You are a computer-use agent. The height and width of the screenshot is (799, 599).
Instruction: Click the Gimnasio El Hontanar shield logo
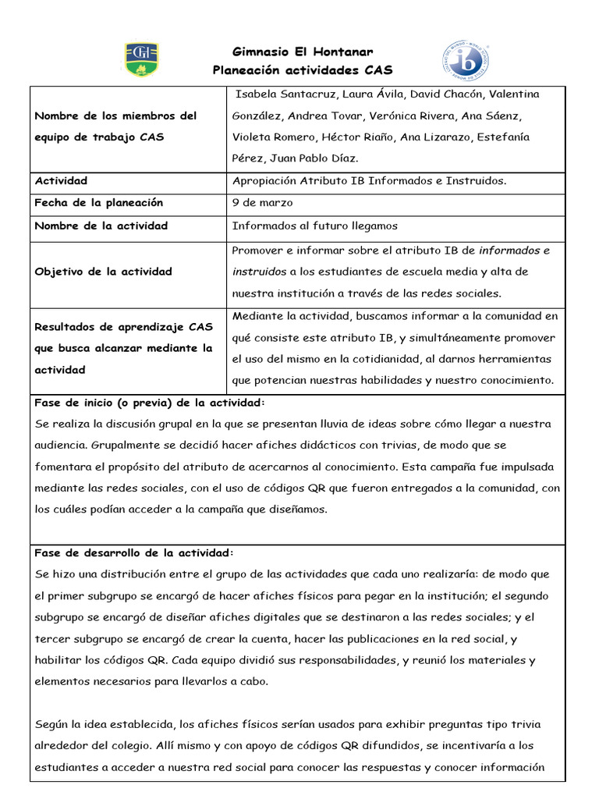click(141, 59)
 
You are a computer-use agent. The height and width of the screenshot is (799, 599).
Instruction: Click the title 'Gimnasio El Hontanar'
click(303, 52)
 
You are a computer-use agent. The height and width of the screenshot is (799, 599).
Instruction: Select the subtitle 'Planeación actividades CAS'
click(303, 70)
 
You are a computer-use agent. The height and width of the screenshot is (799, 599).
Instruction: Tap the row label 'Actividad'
click(61, 181)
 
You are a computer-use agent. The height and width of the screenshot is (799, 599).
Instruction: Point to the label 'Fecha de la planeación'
click(99, 203)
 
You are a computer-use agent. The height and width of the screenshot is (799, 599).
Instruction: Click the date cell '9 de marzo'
click(263, 203)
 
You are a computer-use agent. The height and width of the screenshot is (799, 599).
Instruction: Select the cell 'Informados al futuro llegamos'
click(315, 226)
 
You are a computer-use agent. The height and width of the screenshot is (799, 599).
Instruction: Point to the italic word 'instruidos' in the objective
click(259, 272)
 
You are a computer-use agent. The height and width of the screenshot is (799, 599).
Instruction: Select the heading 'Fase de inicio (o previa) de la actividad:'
click(150, 403)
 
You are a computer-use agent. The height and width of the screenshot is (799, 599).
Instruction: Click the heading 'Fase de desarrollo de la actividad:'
click(134, 552)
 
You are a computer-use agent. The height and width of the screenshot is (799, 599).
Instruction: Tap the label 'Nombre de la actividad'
click(101, 226)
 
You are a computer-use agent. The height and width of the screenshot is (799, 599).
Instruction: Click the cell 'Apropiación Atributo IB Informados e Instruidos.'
click(369, 181)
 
